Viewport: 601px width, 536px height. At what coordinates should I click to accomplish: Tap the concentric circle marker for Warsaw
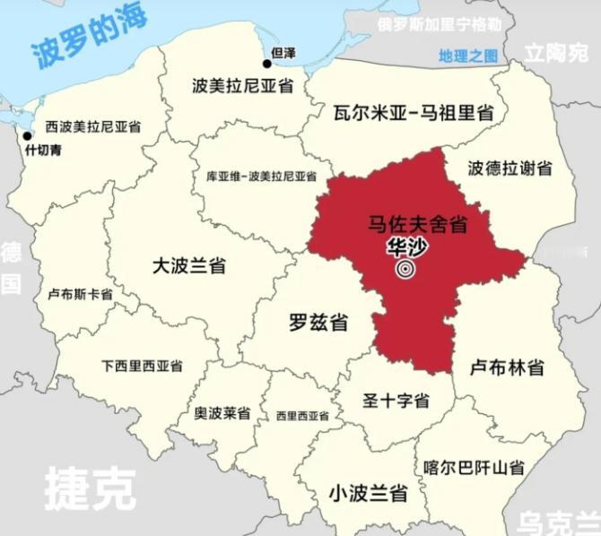(x=405, y=268)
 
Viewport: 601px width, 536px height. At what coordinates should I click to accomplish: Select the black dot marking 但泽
(x=267, y=64)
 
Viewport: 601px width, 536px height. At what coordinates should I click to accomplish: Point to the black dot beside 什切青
(x=28, y=136)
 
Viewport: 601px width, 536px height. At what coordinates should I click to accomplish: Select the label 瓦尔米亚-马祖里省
(x=414, y=114)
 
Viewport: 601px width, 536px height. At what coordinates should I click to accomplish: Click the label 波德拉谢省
(x=510, y=168)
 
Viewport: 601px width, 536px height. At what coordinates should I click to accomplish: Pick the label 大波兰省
(x=188, y=266)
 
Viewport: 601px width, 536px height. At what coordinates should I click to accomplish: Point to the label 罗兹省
(x=318, y=323)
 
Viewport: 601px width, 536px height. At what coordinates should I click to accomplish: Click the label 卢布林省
(x=509, y=367)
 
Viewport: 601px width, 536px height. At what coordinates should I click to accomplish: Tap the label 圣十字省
(x=395, y=401)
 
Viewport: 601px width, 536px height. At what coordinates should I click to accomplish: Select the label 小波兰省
(x=368, y=492)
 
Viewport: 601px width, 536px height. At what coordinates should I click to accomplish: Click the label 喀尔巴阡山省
(x=475, y=467)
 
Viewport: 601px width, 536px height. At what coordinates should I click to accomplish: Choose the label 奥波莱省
(x=222, y=413)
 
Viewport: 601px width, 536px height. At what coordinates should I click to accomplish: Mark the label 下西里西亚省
(x=142, y=366)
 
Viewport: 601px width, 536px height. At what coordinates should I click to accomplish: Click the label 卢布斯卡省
(x=80, y=294)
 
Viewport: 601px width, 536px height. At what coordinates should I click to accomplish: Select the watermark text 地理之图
(x=467, y=56)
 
